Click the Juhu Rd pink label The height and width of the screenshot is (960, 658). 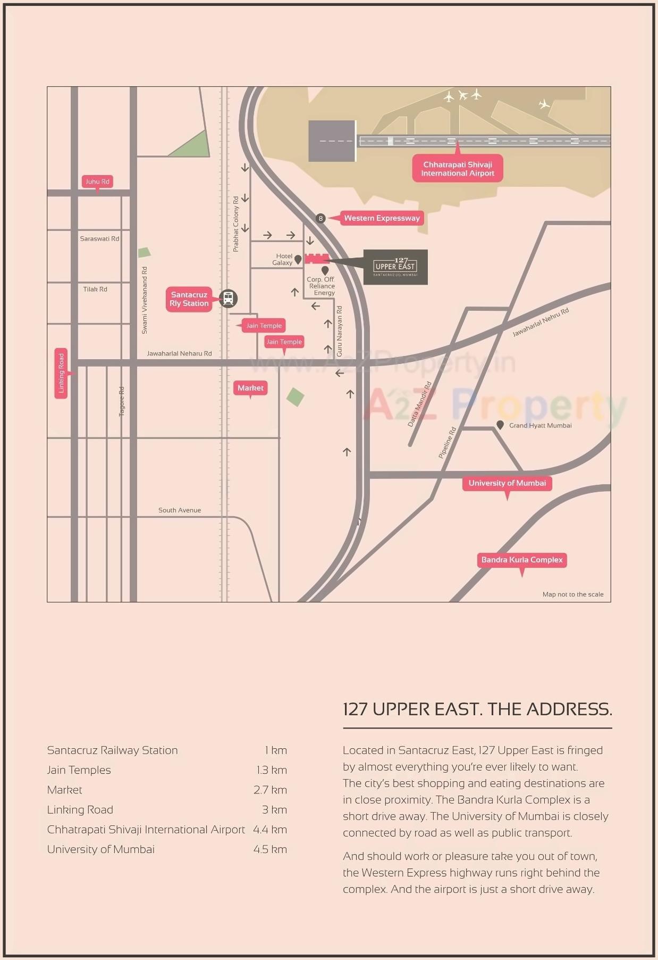point(97,181)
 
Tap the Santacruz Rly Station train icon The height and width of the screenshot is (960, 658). point(228,299)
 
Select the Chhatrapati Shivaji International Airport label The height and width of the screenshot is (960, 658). point(458,169)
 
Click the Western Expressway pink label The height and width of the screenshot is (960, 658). point(381,218)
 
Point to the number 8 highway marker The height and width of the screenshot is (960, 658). point(320,218)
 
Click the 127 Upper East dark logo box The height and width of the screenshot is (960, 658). point(395,267)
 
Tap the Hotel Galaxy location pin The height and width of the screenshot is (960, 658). point(298,259)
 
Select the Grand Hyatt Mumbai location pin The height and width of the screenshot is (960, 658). point(500,425)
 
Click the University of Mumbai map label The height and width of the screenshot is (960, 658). point(507,483)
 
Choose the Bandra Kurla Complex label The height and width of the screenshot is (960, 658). point(521,560)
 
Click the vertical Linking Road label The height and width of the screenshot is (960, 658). point(61,373)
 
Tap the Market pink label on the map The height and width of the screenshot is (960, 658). point(250,388)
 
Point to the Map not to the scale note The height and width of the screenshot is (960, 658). point(572,594)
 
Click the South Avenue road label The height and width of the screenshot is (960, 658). point(180,510)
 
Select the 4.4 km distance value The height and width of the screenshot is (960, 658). point(269,830)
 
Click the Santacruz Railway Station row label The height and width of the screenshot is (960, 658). point(112,750)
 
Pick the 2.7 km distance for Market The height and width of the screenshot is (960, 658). point(269,790)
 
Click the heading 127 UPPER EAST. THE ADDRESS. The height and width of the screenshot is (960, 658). point(477,709)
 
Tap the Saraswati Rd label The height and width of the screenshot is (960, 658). point(99,239)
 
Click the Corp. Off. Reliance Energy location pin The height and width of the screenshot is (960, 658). point(325,271)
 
